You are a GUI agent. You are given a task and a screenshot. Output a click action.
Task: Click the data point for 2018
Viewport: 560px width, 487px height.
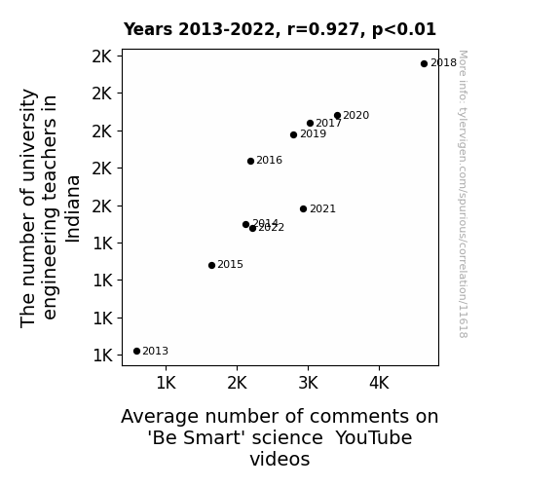tap(424, 63)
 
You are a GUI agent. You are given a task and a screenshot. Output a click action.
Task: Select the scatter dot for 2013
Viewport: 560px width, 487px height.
tap(136, 351)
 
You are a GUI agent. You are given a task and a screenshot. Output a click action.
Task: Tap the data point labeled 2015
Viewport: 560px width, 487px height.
tap(211, 265)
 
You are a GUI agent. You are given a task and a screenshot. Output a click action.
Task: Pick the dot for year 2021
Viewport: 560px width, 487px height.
tap(303, 208)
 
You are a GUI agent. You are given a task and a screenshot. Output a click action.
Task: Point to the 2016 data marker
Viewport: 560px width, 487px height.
tap(250, 161)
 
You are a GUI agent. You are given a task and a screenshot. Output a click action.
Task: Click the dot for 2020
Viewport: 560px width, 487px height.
tap(338, 115)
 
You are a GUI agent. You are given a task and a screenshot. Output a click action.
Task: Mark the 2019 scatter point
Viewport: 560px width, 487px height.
tap(293, 134)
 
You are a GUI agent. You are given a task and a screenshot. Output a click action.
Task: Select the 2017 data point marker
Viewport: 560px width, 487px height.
tap(310, 123)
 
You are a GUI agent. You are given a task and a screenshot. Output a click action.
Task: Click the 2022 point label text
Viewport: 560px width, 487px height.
tap(271, 228)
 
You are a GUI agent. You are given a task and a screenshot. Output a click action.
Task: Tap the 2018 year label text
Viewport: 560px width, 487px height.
tap(443, 63)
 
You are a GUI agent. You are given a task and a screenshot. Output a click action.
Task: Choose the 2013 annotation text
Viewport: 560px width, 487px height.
tap(156, 352)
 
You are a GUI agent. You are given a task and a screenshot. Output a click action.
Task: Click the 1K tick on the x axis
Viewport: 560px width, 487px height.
tap(167, 384)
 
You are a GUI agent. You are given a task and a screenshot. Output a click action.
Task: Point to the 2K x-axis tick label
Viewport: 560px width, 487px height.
tap(237, 384)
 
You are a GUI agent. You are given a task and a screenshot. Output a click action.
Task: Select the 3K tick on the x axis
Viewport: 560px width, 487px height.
tap(308, 384)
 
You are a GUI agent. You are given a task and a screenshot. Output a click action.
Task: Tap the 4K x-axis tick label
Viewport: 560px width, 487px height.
tap(379, 384)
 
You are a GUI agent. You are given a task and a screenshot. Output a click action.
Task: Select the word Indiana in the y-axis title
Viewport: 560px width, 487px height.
tap(73, 209)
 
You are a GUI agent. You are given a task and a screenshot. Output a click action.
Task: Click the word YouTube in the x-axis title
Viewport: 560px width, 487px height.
tap(374, 437)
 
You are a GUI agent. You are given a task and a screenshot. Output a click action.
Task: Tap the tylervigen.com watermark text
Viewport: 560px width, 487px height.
tap(463, 194)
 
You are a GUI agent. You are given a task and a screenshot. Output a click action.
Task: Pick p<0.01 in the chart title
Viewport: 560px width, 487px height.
tap(404, 30)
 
